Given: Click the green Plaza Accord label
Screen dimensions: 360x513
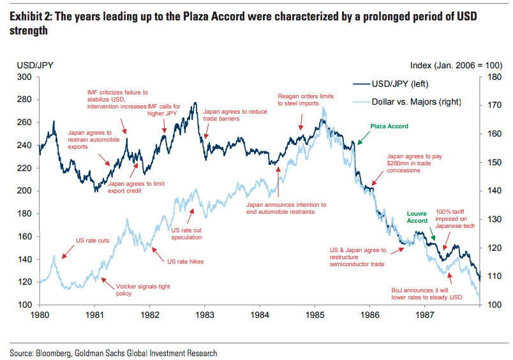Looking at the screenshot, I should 389,126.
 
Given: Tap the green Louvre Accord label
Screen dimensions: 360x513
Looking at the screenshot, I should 417,216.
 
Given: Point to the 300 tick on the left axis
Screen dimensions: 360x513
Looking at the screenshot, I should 25,77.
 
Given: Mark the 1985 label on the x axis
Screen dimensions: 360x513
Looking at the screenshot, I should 314,315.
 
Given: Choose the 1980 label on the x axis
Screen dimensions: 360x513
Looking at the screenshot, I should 40,315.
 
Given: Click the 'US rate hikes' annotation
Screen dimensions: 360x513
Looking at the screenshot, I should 185,261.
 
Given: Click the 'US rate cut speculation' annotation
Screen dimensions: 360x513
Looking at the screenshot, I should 187,233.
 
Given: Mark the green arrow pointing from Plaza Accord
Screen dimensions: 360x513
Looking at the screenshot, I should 364,136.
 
